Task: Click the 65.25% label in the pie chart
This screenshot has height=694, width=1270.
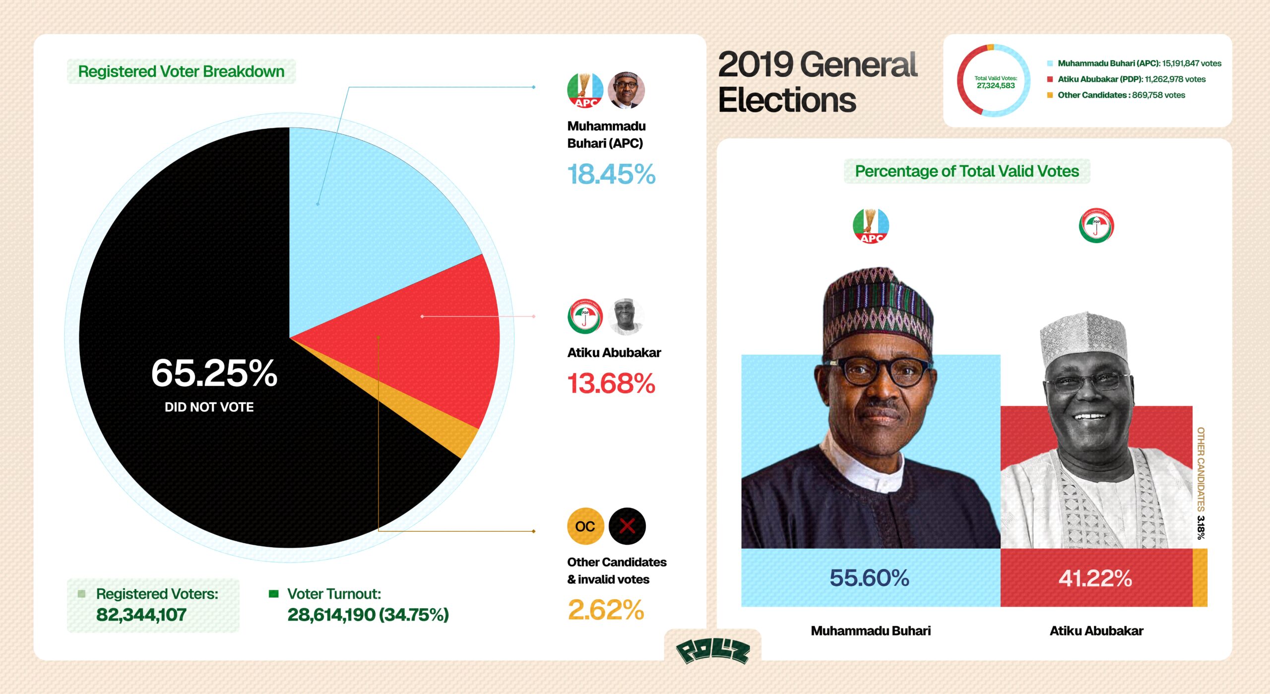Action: tap(214, 373)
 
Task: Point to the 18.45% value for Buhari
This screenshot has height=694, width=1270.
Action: tap(611, 174)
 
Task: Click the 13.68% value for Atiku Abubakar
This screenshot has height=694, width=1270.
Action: tap(611, 383)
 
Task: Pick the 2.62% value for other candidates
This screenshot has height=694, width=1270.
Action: tap(606, 610)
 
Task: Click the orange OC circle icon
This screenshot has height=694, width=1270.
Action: tap(585, 526)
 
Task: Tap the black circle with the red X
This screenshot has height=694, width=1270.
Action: tap(627, 526)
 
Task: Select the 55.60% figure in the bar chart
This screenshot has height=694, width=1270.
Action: tap(869, 578)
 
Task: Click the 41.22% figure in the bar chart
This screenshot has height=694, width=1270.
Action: tap(1095, 578)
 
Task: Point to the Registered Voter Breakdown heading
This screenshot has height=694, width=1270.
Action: tap(181, 71)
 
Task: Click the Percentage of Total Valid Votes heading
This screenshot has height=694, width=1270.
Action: tap(967, 171)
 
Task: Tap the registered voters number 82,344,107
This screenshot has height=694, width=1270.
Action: tap(141, 615)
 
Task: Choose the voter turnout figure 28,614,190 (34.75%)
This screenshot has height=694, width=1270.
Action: tap(368, 615)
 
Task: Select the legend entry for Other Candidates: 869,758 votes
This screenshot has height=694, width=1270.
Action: tap(1121, 95)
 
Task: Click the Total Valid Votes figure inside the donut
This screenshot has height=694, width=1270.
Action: tap(996, 85)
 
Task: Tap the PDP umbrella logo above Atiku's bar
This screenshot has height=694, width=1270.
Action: tap(1096, 226)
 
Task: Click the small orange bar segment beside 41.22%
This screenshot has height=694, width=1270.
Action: tap(1200, 578)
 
